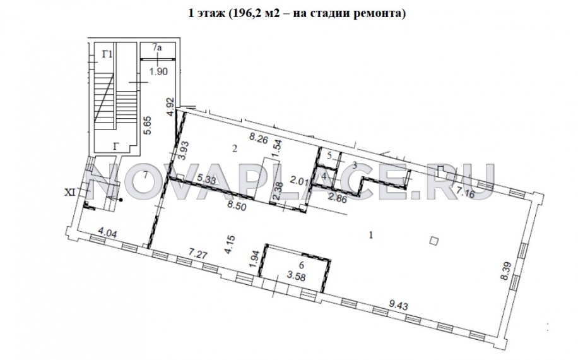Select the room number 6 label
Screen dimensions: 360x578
[302, 265]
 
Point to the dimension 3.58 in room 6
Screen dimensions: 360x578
[296, 275]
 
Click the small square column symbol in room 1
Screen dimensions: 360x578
[433, 240]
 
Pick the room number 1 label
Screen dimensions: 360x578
[372, 235]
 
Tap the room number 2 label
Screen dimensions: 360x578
[234, 149]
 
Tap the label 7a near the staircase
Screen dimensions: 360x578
[158, 48]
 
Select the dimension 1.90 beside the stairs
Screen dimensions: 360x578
[158, 71]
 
